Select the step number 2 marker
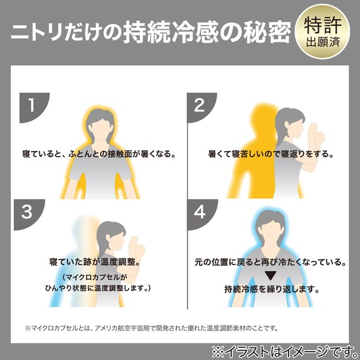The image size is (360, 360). (x=200, y=105)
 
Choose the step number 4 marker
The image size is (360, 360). (x=200, y=212)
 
